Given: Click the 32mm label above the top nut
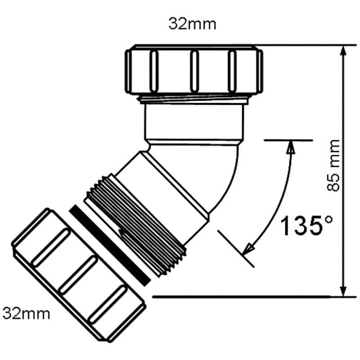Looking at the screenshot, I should pyautogui.click(x=192, y=24).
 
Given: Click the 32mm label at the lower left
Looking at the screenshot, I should pyautogui.click(x=26, y=312).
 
